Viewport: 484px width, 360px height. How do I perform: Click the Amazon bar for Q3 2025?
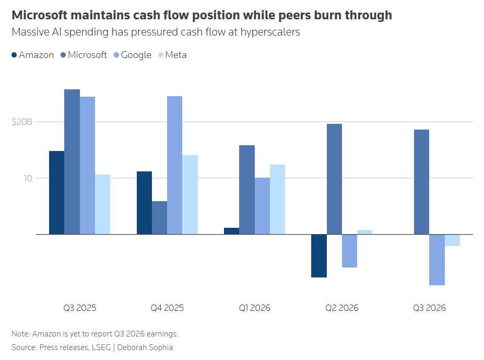[x=57, y=192]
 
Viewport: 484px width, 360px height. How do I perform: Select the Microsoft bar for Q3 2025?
[x=72, y=161]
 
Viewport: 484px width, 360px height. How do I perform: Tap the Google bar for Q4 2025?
[x=175, y=165]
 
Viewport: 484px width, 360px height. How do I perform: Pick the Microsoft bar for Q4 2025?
[x=160, y=217]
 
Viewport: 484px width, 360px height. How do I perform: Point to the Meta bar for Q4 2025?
[x=190, y=195]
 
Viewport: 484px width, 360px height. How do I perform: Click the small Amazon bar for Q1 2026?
[x=231, y=231]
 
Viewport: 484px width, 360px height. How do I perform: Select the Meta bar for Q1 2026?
[x=277, y=199]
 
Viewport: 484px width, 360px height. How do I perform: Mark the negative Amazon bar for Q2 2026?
[x=319, y=256]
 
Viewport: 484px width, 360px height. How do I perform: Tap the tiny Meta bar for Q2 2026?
[x=365, y=232]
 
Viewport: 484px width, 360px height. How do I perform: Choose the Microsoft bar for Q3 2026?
[x=422, y=182]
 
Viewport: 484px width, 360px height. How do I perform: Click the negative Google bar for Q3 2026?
[x=437, y=260]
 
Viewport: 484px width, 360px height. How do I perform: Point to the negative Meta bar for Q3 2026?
[x=453, y=240]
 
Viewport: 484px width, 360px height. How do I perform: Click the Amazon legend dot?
[x=14, y=55]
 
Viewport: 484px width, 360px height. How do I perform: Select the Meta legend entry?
[x=172, y=55]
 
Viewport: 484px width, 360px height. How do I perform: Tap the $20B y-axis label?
[x=22, y=122]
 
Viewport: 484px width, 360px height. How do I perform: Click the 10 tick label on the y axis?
[x=28, y=178]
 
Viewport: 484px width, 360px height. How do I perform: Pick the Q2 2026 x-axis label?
[x=341, y=308]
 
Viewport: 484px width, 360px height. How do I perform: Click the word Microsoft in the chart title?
[x=39, y=15]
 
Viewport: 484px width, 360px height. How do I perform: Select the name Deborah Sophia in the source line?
[x=145, y=347]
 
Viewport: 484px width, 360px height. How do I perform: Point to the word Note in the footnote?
[x=21, y=334]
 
